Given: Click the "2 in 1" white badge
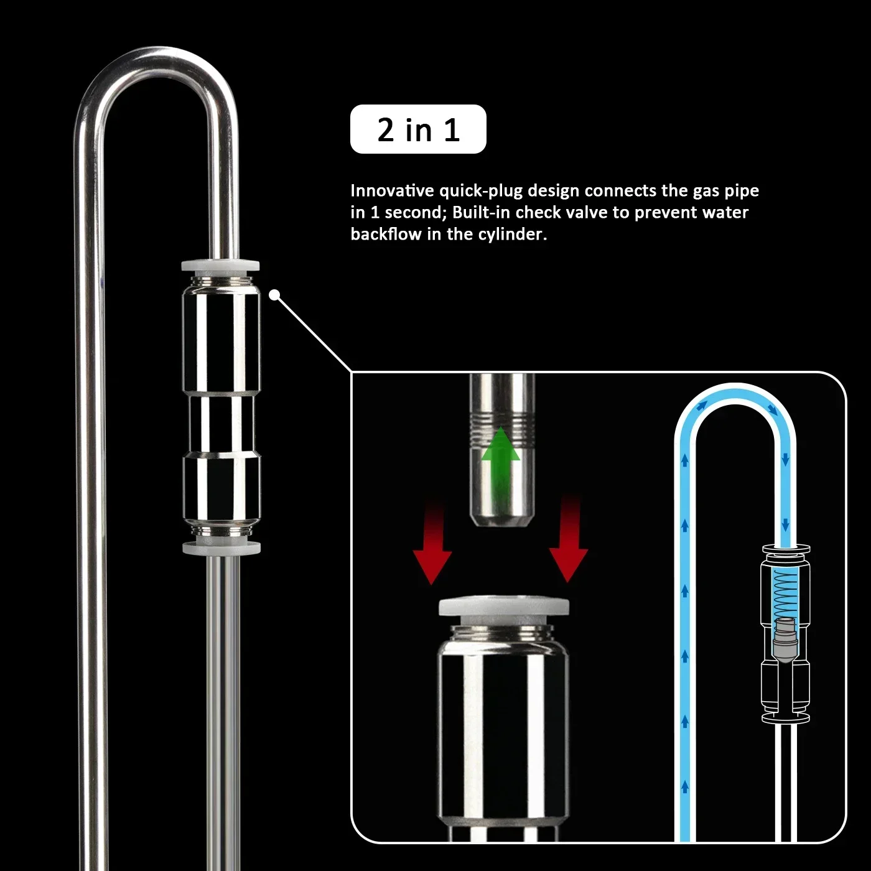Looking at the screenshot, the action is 418,129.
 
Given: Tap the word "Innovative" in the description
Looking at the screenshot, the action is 392,191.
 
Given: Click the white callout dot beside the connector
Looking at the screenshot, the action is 274,295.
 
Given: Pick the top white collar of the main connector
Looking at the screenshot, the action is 221,266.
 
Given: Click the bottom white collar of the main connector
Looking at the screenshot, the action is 221,547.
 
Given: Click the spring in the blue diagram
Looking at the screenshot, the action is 786,593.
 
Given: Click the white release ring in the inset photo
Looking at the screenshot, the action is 503,607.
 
